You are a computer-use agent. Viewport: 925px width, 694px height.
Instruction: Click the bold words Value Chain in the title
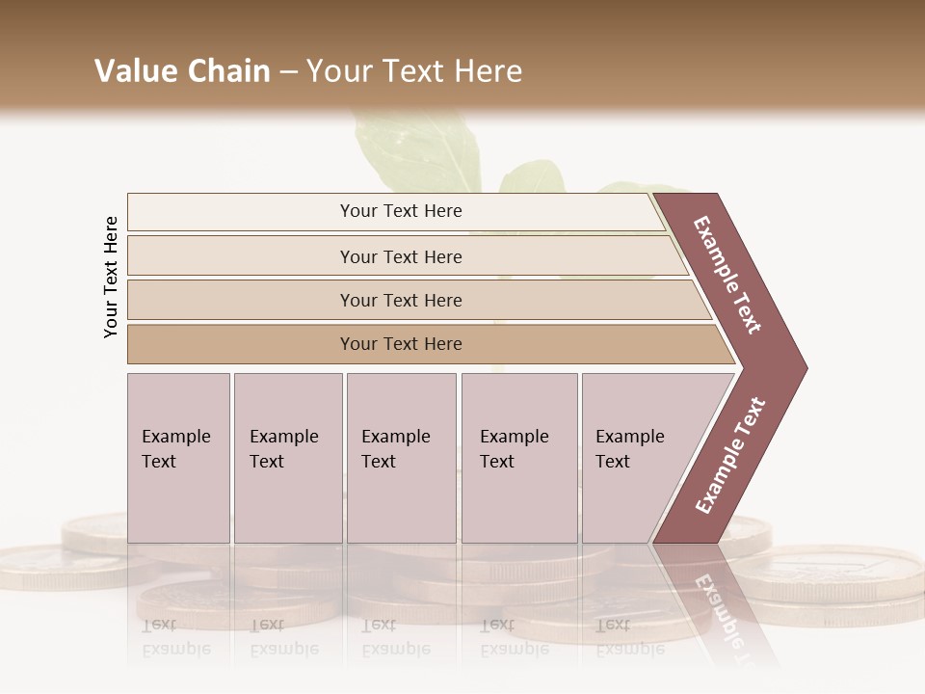(182, 71)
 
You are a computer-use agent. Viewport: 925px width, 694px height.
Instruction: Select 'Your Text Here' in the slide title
(414, 71)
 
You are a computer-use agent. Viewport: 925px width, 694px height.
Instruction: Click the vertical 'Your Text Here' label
(111, 278)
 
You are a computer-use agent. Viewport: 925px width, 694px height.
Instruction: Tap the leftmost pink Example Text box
(178, 458)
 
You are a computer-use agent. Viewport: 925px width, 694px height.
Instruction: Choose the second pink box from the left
(287, 458)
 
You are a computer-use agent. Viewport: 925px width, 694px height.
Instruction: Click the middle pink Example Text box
(401, 458)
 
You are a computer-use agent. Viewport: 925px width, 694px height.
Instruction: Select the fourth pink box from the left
(518, 458)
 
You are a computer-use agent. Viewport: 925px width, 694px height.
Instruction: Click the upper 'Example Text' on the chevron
(727, 275)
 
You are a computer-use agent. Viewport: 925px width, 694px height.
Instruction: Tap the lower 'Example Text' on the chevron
(729, 455)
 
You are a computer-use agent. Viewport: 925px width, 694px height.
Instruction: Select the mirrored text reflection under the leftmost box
(175, 637)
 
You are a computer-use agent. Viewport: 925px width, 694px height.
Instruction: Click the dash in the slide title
(287, 72)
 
